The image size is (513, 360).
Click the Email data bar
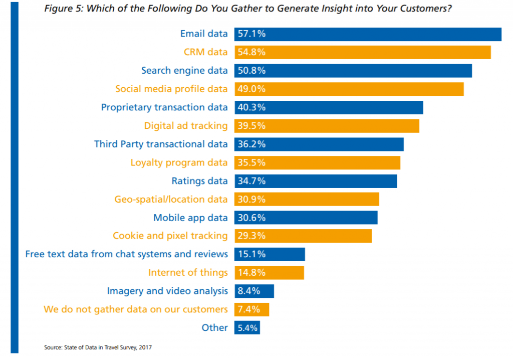[367, 34]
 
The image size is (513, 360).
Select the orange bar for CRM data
[362, 52]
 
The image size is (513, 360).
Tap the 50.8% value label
[252, 71]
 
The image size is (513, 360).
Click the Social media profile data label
[171, 89]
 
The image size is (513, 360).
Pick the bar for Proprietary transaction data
[328, 107]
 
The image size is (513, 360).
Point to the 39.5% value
[252, 126]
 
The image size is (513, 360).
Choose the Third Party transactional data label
[161, 144]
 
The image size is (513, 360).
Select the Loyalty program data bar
[317, 162]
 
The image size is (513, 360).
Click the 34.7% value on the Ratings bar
[252, 181]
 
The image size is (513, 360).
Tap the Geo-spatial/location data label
[171, 199]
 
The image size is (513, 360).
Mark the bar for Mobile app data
[305, 218]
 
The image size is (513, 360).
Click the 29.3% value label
[252, 236]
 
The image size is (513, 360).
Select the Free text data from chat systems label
[127, 254]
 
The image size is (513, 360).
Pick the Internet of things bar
[269, 273]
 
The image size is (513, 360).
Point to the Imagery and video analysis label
[167, 291]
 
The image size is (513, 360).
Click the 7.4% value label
[249, 309]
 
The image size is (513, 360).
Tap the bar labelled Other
[246, 328]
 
